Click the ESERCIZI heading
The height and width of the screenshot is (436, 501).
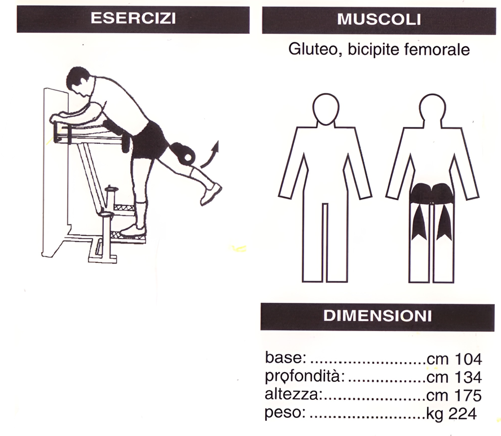coord(133,18)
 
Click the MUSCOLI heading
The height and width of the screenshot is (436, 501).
coord(379,20)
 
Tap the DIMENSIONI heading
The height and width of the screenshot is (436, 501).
coord(377,316)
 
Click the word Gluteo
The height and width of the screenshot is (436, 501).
coord(315,50)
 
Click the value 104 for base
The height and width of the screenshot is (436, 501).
coord(468,359)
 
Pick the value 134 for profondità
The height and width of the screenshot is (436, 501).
coord(468,377)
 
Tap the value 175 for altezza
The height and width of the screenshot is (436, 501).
coord(468,396)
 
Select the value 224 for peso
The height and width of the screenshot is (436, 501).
coord(463,414)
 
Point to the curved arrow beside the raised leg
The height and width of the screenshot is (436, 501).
coord(211,156)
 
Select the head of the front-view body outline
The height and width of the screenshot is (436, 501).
coord(326,109)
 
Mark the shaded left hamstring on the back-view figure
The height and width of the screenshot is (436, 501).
coord(419,223)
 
